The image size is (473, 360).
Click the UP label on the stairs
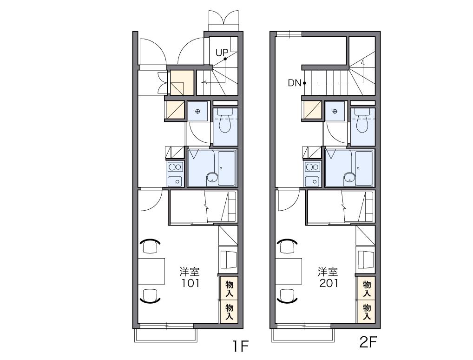coord(222,53)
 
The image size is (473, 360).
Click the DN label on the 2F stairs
coord(295,83)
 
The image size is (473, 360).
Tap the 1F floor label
coord(240,346)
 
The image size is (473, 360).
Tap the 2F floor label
coord(368,342)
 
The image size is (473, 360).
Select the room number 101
coord(190,283)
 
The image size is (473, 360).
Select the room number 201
coord(328,283)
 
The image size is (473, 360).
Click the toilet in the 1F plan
coord(225,120)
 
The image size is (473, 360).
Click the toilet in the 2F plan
coord(362,120)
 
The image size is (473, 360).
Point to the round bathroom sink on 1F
coord(212,178)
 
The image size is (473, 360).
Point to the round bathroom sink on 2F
coord(349,178)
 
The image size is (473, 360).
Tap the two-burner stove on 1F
coord(175,167)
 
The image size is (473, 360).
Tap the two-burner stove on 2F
coord(313,167)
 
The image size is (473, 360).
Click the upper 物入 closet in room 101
coord(229,288)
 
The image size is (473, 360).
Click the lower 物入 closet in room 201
coord(367,312)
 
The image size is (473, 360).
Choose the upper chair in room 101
coord(150,246)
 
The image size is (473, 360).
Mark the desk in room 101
coord(151,271)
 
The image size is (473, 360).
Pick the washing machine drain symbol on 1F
coord(197,112)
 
